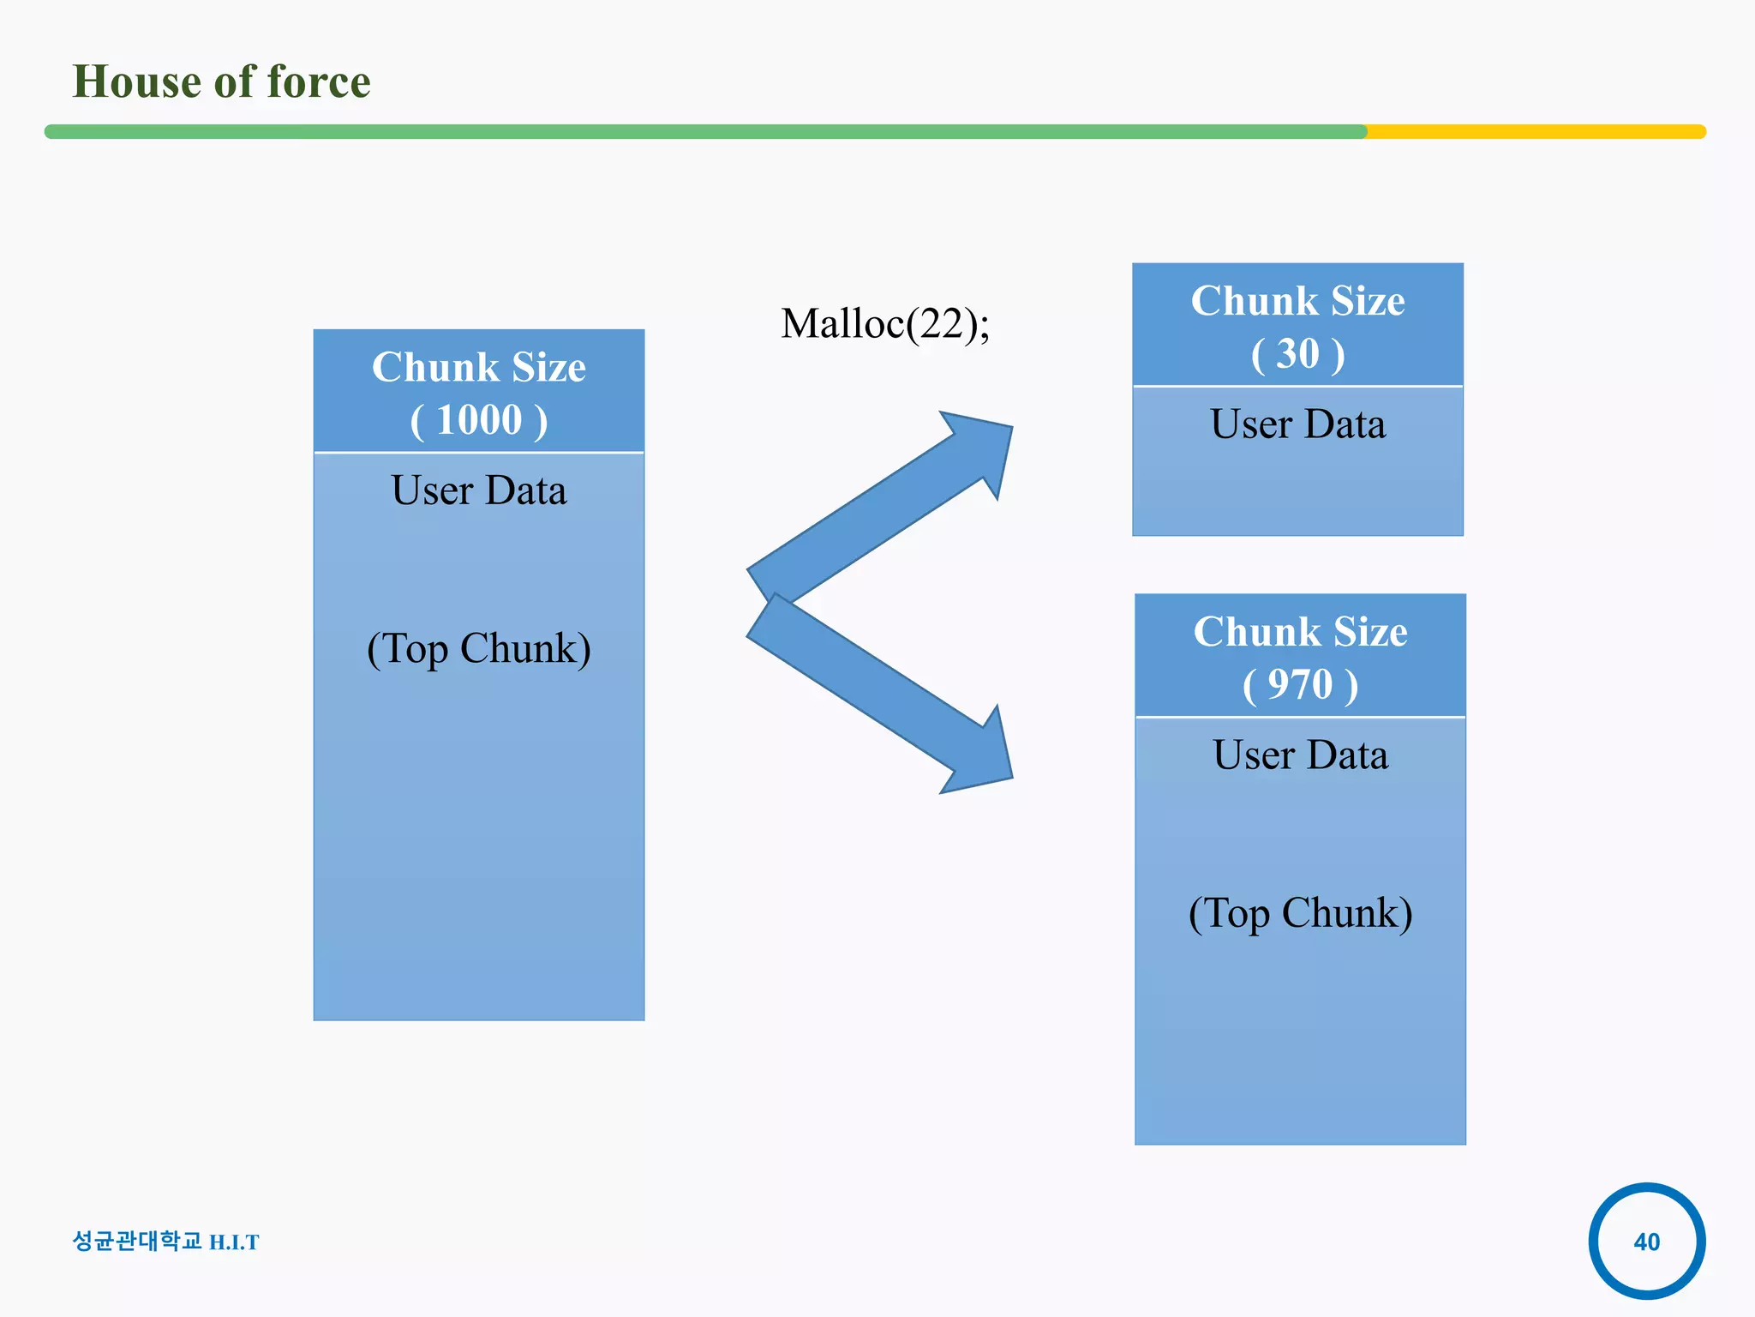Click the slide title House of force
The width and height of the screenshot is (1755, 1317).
221,81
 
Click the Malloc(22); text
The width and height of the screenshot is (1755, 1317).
884,324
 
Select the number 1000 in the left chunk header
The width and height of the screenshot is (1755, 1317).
479,420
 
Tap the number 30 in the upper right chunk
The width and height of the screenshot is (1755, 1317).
1297,353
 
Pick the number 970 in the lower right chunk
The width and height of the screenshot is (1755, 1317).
1300,684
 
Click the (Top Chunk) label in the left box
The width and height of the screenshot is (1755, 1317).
478,649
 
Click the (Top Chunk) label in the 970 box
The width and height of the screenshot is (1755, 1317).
1300,913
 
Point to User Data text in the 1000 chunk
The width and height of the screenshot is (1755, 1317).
478,490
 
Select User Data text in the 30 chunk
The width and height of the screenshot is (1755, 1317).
1297,424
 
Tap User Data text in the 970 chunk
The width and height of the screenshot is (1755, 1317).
1300,755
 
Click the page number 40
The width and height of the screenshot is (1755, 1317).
1646,1242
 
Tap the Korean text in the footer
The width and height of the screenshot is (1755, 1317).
137,1241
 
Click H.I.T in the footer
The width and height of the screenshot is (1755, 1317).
234,1242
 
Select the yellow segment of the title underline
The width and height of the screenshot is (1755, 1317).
1534,132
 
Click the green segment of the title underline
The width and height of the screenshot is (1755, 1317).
703,132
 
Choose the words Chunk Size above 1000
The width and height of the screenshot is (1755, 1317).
478,367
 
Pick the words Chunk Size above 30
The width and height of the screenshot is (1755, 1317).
1297,301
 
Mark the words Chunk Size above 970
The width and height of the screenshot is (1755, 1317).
1300,632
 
